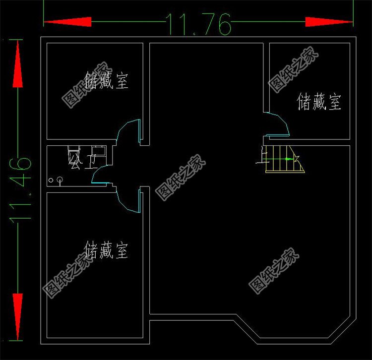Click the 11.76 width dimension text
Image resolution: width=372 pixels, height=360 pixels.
pos(198,23)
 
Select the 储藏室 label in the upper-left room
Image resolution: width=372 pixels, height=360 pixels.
pos(106,80)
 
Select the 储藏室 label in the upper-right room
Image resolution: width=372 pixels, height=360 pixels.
pos(319,102)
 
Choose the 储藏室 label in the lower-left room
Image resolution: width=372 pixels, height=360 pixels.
pos(106,250)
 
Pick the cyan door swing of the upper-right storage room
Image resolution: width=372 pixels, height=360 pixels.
pos(278,124)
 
